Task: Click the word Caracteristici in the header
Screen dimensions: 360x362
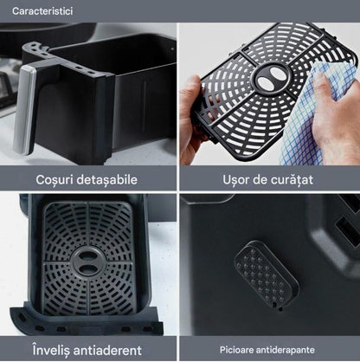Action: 42,11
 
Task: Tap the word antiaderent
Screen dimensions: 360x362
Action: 107,351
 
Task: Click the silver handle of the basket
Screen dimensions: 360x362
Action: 24,110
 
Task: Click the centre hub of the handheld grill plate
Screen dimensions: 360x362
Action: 270,78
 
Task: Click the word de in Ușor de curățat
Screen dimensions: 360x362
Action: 260,180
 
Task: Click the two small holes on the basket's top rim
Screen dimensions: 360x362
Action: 84,70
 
